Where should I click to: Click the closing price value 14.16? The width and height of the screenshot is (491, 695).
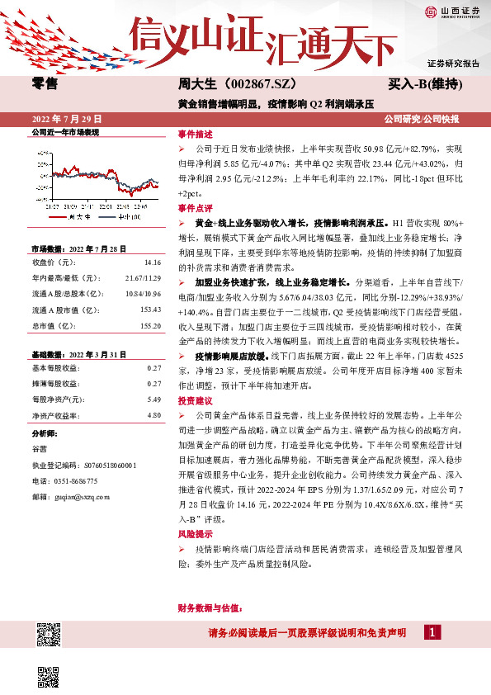[x=152, y=262]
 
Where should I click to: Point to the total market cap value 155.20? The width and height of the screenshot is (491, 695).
[x=150, y=325]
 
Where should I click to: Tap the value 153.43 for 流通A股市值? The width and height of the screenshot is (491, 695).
[x=150, y=310]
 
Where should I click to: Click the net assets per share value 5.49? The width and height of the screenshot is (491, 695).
[x=153, y=400]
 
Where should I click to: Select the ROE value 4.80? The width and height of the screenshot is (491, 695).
[x=153, y=415]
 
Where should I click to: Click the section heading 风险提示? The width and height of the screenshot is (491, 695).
[x=195, y=534]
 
